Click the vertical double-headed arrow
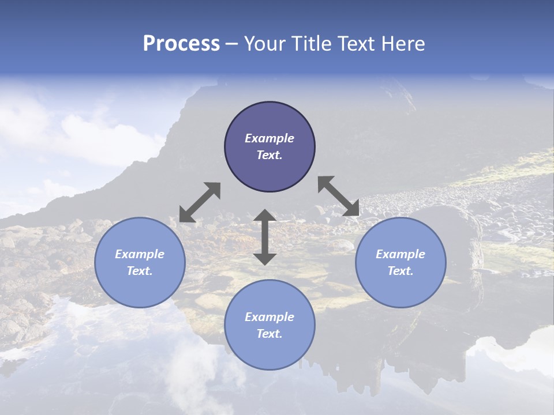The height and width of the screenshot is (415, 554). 265,237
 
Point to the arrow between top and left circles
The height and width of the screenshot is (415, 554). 200,202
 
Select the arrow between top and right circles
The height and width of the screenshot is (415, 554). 338,195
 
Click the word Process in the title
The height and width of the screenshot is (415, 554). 181,44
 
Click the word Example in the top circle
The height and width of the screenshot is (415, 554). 269,138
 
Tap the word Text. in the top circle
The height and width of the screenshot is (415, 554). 269,155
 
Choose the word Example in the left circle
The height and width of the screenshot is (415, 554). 140,254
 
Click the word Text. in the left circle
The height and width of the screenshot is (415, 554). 140,271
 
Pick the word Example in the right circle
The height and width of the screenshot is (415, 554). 400,254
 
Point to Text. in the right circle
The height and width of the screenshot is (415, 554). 400,271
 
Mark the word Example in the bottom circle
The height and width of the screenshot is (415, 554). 269,317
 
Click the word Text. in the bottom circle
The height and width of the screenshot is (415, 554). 269,334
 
